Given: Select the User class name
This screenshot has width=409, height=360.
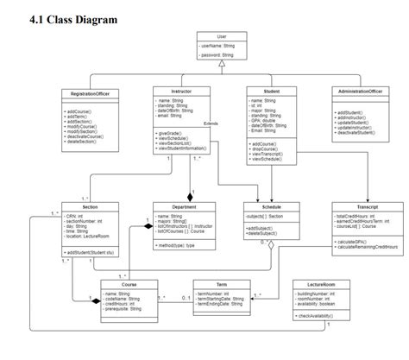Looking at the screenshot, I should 223,35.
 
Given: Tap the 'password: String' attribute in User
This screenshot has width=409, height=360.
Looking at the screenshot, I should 220,54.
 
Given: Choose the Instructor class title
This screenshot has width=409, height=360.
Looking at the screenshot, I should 181,90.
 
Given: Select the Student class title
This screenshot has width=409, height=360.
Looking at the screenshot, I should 271,90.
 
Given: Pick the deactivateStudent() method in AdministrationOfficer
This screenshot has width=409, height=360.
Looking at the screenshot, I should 361,133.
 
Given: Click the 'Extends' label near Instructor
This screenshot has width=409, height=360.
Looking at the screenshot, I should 211,123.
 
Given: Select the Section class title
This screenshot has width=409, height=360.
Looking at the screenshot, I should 90,207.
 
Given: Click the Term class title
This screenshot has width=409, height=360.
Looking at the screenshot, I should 222,283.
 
